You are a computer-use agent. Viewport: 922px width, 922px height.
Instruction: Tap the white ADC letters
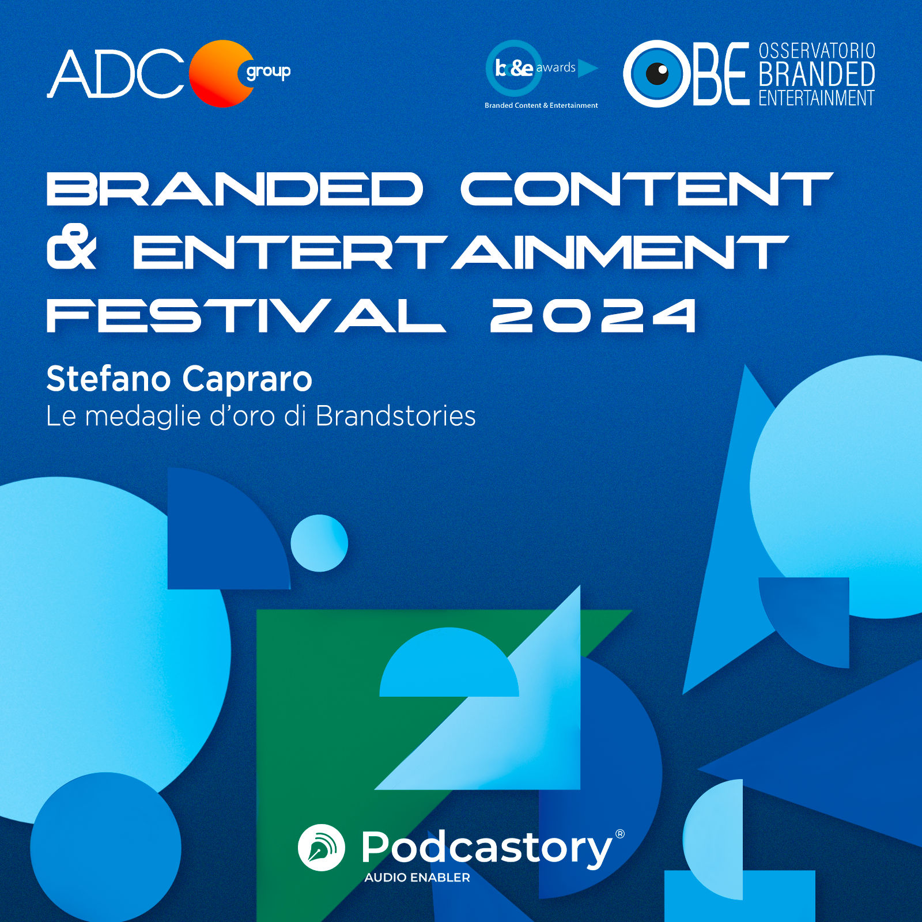click(x=115, y=74)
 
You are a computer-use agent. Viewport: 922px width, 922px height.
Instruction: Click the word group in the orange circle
click(x=268, y=72)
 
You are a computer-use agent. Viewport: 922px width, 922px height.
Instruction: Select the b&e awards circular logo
click(x=514, y=68)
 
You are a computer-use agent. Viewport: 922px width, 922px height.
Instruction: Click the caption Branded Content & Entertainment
click(x=541, y=105)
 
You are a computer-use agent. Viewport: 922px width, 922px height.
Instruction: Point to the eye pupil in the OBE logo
click(x=657, y=73)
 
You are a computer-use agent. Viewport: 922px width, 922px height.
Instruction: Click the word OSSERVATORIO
click(x=817, y=51)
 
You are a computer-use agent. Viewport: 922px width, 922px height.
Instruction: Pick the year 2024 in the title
click(x=593, y=315)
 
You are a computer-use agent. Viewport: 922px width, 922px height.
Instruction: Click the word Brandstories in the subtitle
click(x=395, y=416)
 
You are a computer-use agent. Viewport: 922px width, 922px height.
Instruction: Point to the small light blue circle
click(x=319, y=543)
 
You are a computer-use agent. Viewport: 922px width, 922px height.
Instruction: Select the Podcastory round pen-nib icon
click(x=322, y=847)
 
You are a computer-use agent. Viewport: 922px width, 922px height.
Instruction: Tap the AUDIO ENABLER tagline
click(x=417, y=878)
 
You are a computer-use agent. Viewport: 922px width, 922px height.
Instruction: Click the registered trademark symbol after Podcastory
click(x=620, y=834)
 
